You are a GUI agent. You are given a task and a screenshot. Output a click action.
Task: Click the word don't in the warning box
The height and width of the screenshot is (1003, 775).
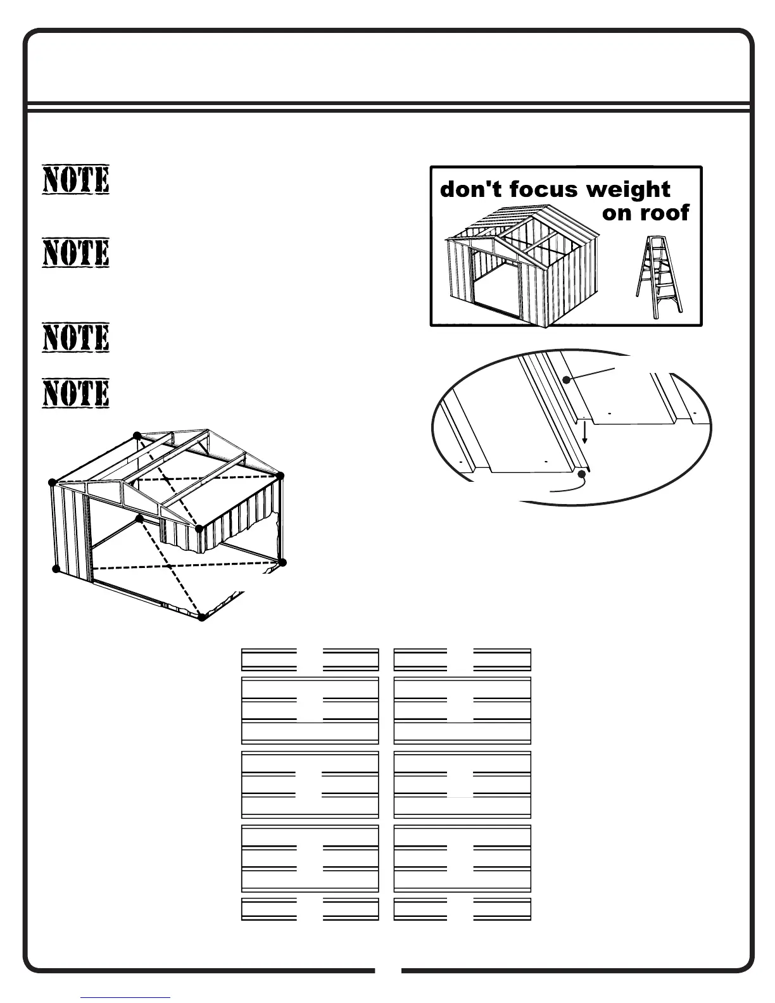(x=470, y=189)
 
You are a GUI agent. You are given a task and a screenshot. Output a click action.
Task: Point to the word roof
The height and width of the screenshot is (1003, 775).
(x=664, y=213)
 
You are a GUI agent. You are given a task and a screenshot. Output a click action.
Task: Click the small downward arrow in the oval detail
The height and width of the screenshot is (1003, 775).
(x=585, y=432)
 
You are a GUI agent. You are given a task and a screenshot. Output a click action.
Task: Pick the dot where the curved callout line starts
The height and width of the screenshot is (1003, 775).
(x=582, y=473)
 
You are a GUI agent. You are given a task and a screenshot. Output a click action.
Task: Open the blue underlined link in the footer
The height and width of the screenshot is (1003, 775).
(x=125, y=998)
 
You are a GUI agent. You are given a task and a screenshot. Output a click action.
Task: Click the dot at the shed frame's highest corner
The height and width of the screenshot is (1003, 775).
(x=137, y=435)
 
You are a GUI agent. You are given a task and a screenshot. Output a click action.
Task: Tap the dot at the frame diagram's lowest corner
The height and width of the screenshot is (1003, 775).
(x=202, y=617)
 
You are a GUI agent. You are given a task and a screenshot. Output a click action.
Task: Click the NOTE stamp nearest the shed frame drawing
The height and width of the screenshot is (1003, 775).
(x=76, y=393)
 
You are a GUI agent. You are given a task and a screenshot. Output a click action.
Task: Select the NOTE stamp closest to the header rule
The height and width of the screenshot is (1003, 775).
(x=76, y=180)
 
